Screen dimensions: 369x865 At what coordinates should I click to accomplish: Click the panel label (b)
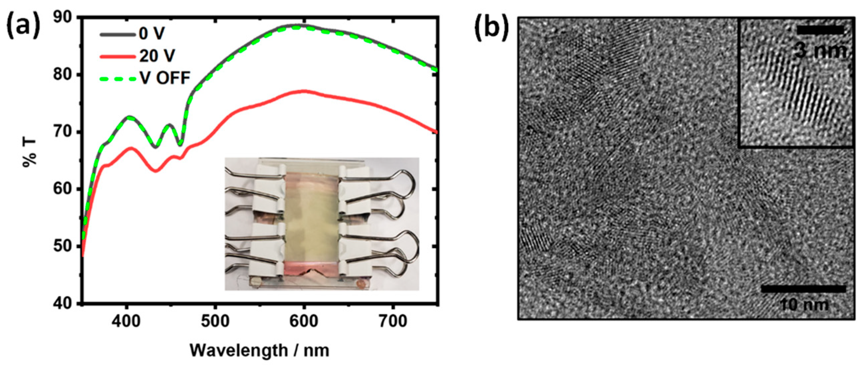tap(491, 30)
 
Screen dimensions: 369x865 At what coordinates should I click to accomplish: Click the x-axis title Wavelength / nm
tap(259, 350)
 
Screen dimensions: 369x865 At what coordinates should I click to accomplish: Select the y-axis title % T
tap(30, 153)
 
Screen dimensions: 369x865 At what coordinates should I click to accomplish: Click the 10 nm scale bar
tap(803, 289)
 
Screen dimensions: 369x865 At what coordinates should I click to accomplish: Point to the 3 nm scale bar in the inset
tap(820, 30)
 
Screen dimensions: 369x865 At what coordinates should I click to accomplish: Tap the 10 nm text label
tap(804, 305)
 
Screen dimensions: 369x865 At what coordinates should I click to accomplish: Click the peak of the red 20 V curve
tap(304, 91)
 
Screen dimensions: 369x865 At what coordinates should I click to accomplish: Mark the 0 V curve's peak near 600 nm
tap(299, 25)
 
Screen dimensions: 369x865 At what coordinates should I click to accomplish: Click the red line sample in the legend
tap(117, 57)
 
